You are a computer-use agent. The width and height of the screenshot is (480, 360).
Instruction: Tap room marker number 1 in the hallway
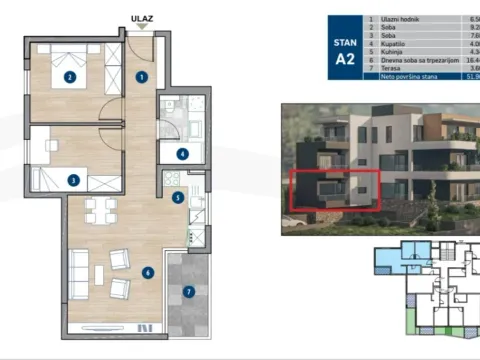pyautogui.click(x=142, y=76)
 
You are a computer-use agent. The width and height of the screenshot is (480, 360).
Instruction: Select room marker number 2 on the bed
pyautogui.click(x=70, y=76)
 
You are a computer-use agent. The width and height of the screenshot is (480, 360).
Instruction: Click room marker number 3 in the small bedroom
pyautogui.click(x=72, y=180)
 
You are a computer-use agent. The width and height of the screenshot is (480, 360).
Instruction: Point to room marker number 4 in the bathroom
pyautogui.click(x=182, y=153)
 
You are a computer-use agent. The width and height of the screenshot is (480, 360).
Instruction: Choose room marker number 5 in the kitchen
pyautogui.click(x=177, y=198)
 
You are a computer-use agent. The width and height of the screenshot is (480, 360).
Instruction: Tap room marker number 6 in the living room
pyautogui.click(x=147, y=271)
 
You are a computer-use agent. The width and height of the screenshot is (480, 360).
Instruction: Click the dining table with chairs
pyautogui.click(x=97, y=210)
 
